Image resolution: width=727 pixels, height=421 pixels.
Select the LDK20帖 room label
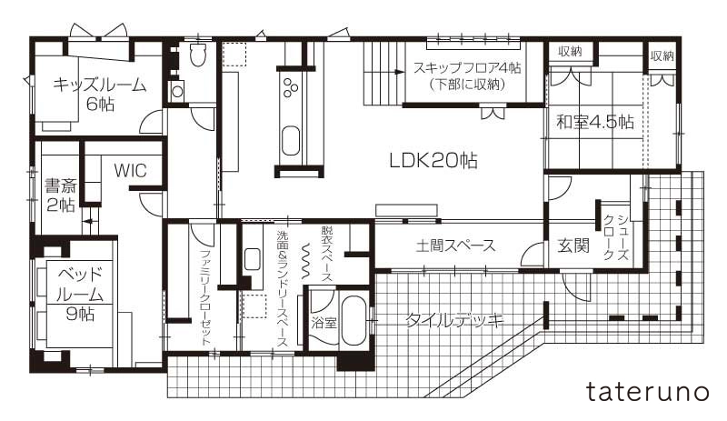coord(433,161)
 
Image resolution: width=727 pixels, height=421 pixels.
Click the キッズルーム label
coord(100,85)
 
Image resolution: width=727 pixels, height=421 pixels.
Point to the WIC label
coord(130,170)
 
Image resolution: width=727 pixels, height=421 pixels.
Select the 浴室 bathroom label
coord(324,322)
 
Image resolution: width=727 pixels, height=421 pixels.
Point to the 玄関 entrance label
coord(573,246)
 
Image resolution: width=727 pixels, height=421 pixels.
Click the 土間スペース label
coord(456,245)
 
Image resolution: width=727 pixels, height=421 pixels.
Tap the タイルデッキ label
coord(454,320)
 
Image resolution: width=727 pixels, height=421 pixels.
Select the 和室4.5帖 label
coord(595,122)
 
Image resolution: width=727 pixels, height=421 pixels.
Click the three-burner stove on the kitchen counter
coord(291,87)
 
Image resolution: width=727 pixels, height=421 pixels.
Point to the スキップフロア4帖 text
coord(467,68)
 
